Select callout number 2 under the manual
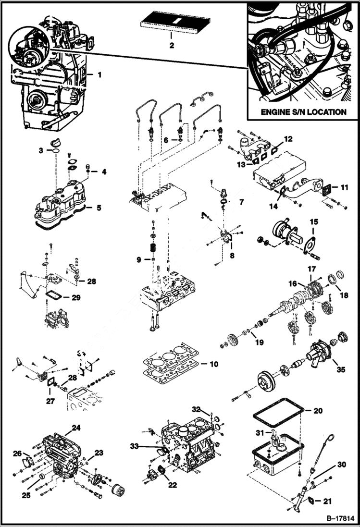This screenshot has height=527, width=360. coord(172,46)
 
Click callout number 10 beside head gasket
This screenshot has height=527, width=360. coord(213,364)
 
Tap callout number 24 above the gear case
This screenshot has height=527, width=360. coord(76,427)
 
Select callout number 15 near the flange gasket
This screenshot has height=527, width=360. coord(314,222)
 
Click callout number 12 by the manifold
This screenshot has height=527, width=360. coord(287,138)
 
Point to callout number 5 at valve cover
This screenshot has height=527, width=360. coord(99,208)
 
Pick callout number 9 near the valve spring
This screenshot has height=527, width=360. coord(138,259)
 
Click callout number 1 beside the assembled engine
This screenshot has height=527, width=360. coord(99,74)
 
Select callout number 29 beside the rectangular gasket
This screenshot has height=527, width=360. coord(76,297)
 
